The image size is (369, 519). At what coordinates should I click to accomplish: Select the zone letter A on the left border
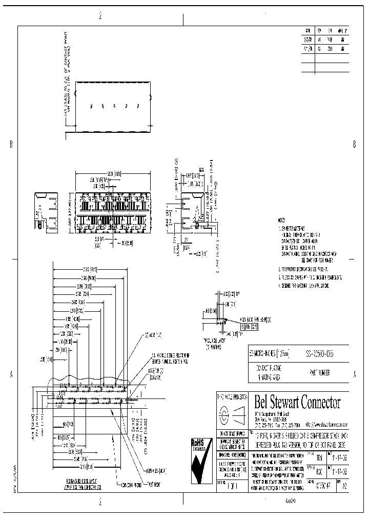click(x=11, y=375)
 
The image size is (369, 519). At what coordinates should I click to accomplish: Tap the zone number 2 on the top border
click(x=100, y=16)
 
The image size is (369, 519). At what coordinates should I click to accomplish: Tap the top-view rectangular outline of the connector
click(x=113, y=107)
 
